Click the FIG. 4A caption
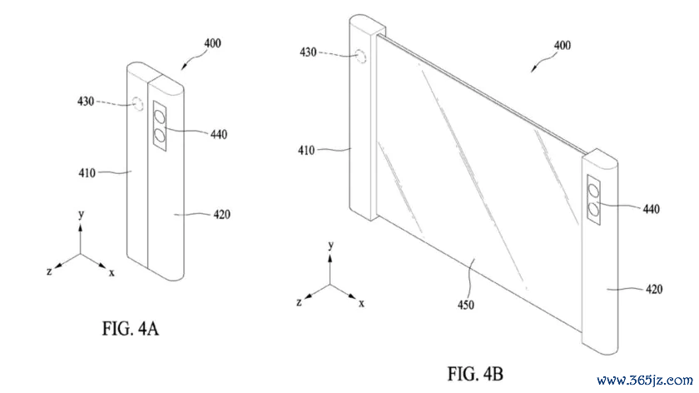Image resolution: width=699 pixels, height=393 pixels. pyautogui.click(x=130, y=329)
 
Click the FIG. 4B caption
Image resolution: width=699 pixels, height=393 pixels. pyautogui.click(x=475, y=373)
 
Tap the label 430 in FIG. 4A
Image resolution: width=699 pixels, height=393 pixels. pyautogui.click(x=86, y=102)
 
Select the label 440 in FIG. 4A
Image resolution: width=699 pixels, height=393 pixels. pyautogui.click(x=218, y=134)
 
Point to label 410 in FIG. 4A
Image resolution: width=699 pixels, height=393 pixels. pyautogui.click(x=87, y=172)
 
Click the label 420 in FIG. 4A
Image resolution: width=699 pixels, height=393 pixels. pyautogui.click(x=221, y=215)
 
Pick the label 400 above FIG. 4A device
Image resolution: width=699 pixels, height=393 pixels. pyautogui.click(x=213, y=43)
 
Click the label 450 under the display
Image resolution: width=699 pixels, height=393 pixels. pyautogui.click(x=465, y=305)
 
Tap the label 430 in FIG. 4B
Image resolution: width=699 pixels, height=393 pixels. pyautogui.click(x=308, y=52)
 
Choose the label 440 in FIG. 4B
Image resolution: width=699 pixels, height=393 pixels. pyautogui.click(x=651, y=209)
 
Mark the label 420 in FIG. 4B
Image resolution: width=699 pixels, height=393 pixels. pyautogui.click(x=654, y=289)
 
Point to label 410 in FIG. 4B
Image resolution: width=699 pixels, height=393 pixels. pyautogui.click(x=306, y=151)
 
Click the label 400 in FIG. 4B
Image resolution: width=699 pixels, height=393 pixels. pyautogui.click(x=563, y=46)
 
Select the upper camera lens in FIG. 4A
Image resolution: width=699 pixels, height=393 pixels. pyautogui.click(x=160, y=117)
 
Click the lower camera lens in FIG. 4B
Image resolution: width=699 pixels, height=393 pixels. pyautogui.click(x=593, y=208)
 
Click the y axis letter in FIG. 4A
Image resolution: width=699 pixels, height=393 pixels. pyautogui.click(x=81, y=215)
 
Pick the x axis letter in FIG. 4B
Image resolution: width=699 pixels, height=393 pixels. pyautogui.click(x=361, y=303)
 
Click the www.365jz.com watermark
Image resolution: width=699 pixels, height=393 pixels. pyautogui.click(x=645, y=381)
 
